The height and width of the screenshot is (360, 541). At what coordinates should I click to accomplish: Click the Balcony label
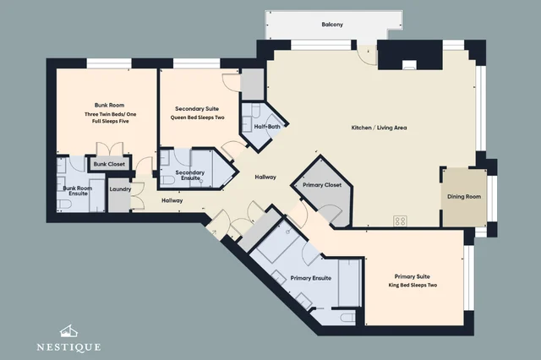332,25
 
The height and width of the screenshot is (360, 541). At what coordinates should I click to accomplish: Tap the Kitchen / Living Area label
379,128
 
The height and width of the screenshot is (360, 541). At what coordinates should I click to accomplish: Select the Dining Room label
464,197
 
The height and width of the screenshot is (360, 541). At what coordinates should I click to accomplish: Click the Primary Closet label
322,185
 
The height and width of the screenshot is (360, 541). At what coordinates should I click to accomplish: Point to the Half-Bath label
267,127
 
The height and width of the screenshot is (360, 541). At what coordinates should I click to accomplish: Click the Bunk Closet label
109,164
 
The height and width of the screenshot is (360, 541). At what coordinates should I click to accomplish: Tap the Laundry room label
120,189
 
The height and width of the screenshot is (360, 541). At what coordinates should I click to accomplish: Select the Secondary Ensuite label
190,175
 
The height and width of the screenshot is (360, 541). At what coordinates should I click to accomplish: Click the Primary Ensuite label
311,278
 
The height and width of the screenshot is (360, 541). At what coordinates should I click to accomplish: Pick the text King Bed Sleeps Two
413,285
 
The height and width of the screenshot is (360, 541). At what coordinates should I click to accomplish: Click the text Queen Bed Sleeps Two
197,117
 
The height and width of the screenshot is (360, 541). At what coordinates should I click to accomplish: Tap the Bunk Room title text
109,105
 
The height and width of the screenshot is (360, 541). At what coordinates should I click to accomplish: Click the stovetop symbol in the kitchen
400,221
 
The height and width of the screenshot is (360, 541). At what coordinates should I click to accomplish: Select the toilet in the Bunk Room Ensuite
64,205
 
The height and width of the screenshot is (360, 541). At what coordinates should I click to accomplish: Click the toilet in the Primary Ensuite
347,317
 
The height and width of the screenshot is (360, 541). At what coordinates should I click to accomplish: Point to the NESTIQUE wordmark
68,346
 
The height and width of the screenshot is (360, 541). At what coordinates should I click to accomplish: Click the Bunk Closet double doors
109,149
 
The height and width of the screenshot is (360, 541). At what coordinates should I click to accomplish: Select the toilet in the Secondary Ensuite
167,180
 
